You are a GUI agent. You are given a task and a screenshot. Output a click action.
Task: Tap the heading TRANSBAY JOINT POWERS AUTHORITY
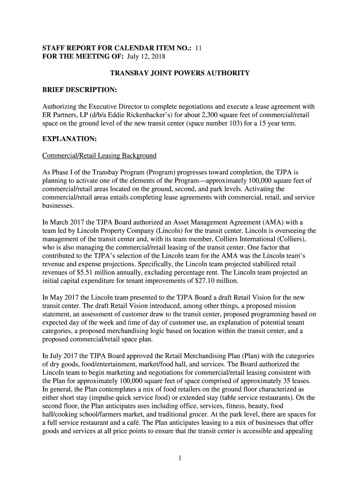click(x=180, y=73)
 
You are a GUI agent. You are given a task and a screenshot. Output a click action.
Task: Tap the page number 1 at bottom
click(x=180, y=458)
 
